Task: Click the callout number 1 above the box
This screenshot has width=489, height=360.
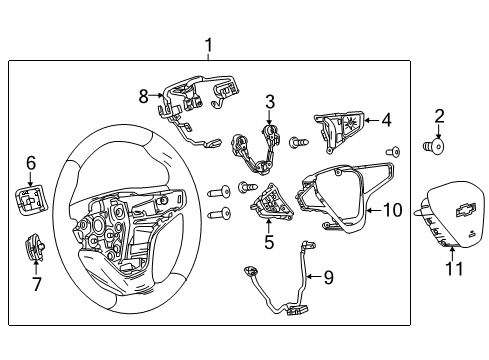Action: pos(208,44)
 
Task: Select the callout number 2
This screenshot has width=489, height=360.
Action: pos(439,115)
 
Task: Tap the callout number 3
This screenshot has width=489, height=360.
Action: pos(269,101)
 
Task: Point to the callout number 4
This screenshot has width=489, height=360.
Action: pos(385,121)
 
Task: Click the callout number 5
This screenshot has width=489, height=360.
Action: pos(268,240)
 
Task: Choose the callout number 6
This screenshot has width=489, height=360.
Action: pos(30,162)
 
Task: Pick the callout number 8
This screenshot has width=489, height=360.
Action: pos(143,96)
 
